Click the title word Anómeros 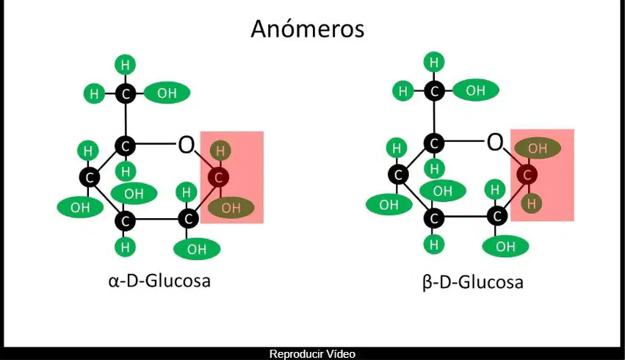tap(307, 29)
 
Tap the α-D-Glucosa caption tap(159, 281)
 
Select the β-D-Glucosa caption tap(473, 282)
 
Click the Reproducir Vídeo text tap(312, 354)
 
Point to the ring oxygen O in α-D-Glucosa tap(186, 145)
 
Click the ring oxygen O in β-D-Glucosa tap(495, 142)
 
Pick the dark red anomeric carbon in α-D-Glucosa tap(218, 177)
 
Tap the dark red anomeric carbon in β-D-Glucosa tap(527, 175)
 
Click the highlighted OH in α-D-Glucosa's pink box tap(231, 207)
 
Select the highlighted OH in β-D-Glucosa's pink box tap(538, 148)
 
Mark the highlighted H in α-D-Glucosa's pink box tap(220, 151)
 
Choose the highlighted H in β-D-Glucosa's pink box tap(531, 204)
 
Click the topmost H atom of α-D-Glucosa tap(125, 65)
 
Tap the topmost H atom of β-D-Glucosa tap(434, 62)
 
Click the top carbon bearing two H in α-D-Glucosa tap(126, 94)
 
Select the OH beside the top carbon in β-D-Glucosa tap(476, 90)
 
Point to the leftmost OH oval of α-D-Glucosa tap(80, 207)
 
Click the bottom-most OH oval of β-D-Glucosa tap(505, 246)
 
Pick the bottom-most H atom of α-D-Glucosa tap(125, 247)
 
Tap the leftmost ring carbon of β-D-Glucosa tap(398, 175)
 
